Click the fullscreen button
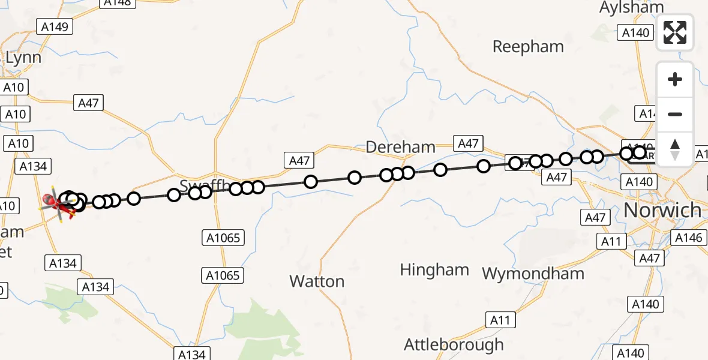point(675,32)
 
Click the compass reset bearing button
point(675,149)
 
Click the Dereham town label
point(400,147)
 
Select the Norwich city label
point(662,210)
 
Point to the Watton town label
point(317,281)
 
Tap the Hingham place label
point(434,270)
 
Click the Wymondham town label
point(533,274)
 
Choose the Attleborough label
point(454,345)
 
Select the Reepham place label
point(528,47)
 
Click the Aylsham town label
point(631,7)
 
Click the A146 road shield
point(688,238)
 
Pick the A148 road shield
point(118,2)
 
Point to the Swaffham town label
point(196,184)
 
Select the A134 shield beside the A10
point(34,166)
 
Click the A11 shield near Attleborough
point(500,320)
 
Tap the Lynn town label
point(24,58)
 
